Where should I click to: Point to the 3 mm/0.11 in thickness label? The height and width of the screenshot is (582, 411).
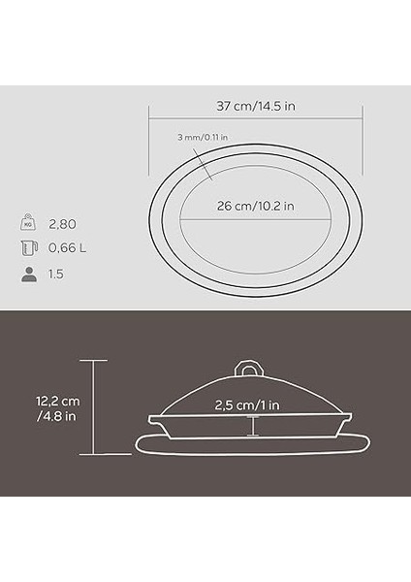click(x=204, y=138)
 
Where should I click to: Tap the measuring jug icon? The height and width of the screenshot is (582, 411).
click(x=27, y=248)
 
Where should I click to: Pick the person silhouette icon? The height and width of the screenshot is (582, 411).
click(x=27, y=275)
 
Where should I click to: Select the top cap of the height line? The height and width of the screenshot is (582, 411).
click(x=93, y=359)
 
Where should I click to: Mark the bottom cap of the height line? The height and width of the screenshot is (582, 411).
click(x=93, y=454)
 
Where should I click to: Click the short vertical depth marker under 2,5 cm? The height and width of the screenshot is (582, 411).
click(x=254, y=425)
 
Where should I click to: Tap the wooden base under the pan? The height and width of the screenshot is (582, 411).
click(x=254, y=444)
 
